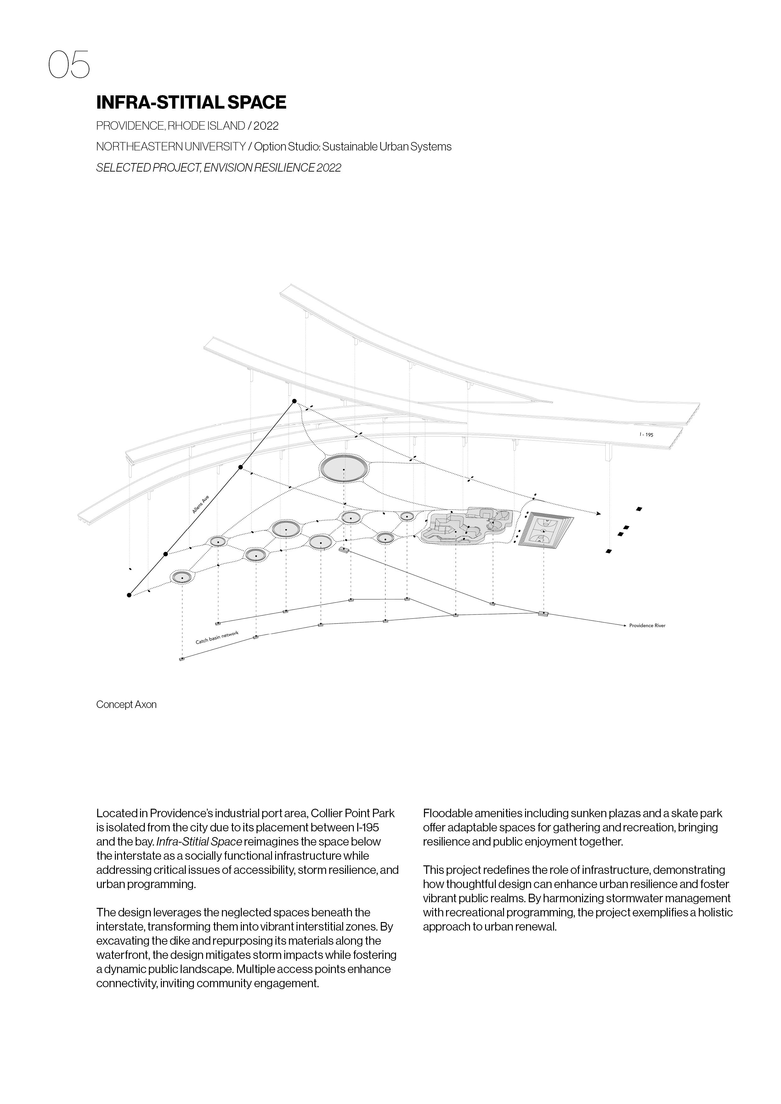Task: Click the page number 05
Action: (x=69, y=65)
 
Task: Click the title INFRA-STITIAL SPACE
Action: (x=191, y=102)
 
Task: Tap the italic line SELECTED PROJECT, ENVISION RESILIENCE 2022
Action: (x=218, y=168)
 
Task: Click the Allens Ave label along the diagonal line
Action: (x=201, y=505)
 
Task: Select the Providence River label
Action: (x=647, y=626)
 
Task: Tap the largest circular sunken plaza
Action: (x=343, y=468)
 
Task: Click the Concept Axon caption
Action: (x=126, y=705)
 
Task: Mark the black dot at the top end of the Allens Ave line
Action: (x=294, y=401)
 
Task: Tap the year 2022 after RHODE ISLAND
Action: (x=266, y=126)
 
